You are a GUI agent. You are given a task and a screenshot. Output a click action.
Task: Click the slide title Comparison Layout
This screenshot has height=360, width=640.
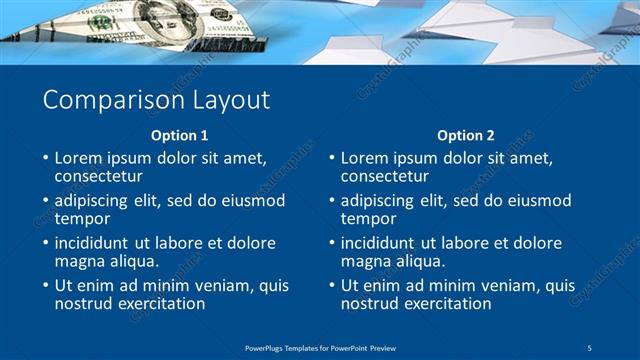[156, 100]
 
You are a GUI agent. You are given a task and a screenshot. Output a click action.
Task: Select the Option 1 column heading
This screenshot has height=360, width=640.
[180, 135]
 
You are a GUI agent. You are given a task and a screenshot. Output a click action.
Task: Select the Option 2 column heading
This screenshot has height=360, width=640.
[466, 135]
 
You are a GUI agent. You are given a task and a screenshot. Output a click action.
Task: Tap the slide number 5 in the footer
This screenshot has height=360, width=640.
[590, 347]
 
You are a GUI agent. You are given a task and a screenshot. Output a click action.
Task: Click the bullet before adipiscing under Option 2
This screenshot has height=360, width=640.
[332, 201]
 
